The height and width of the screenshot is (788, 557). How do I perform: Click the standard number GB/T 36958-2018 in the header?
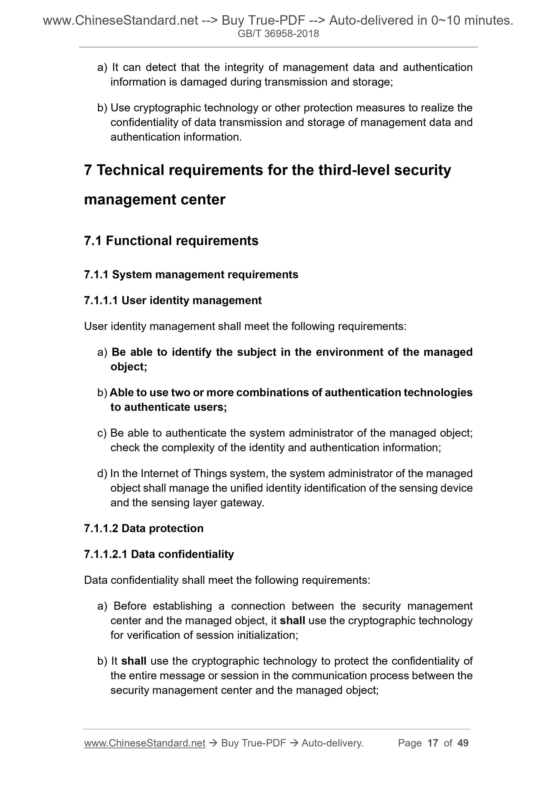(x=278, y=34)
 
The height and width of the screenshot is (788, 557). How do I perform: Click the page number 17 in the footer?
(x=433, y=743)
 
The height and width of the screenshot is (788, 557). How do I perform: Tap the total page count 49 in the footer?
(x=463, y=743)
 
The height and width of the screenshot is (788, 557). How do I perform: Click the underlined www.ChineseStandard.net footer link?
(x=145, y=743)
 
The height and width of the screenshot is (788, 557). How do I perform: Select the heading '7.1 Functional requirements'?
(x=171, y=241)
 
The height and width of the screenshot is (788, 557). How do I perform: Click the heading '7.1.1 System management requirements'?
(x=191, y=274)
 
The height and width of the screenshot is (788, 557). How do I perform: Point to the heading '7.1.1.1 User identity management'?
(x=173, y=300)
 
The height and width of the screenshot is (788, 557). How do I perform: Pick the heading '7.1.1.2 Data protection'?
(x=143, y=528)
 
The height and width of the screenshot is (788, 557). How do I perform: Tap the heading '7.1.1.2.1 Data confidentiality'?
(x=159, y=554)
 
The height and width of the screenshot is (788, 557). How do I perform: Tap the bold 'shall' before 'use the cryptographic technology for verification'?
(x=293, y=621)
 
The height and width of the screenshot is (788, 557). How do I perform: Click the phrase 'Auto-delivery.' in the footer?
(x=332, y=743)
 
